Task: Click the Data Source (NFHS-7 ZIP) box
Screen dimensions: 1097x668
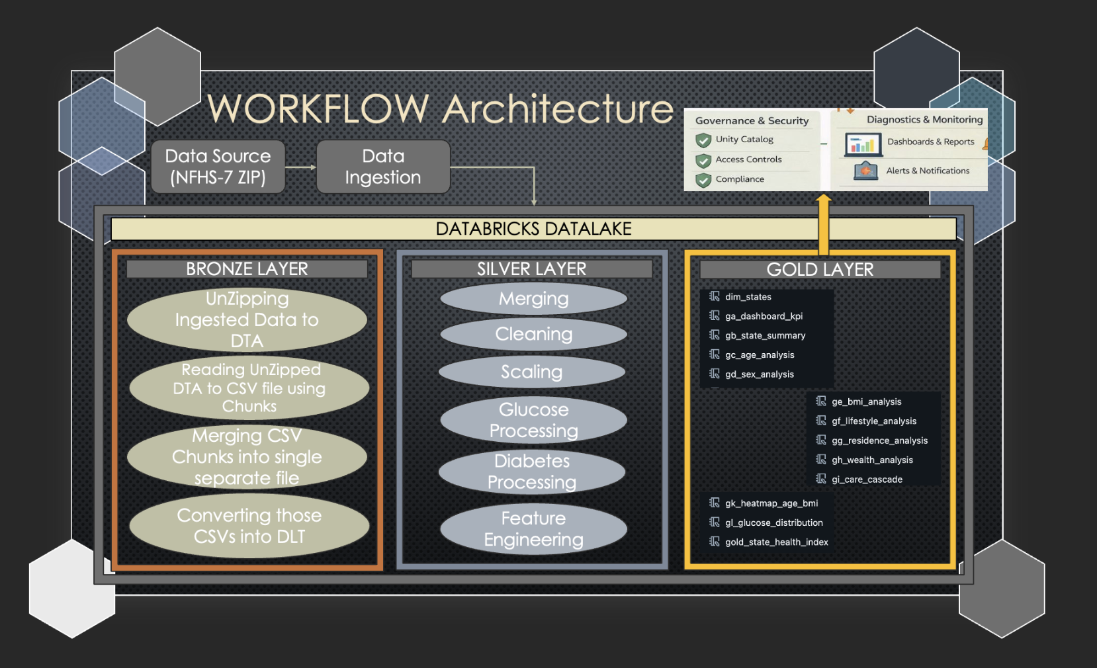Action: [x=218, y=167]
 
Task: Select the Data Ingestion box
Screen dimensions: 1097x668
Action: [x=383, y=167]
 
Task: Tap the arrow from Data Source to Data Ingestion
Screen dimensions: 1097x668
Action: [x=300, y=167]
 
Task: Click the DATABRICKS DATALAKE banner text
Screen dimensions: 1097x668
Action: [x=533, y=229]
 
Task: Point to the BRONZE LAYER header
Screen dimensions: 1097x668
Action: [x=247, y=269]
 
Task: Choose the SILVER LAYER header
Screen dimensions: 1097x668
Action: [x=531, y=269]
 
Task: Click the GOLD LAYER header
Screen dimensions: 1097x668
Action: [x=820, y=270]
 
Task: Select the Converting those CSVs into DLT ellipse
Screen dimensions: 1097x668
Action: [x=249, y=526]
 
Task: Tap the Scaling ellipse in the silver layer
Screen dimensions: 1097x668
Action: [x=532, y=372]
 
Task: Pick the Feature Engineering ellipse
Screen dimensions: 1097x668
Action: [x=533, y=529]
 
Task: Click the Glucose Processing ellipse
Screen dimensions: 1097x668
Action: [x=533, y=420]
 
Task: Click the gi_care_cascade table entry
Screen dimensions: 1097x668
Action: [x=859, y=479]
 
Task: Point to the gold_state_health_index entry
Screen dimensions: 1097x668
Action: [x=768, y=542]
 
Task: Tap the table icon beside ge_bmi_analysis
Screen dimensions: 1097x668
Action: [x=821, y=401]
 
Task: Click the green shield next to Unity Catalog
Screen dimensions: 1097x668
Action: [x=703, y=140]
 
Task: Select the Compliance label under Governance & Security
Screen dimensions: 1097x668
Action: [x=740, y=179]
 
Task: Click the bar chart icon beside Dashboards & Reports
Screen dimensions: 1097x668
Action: [x=863, y=144]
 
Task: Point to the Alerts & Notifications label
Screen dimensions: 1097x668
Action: [x=928, y=171]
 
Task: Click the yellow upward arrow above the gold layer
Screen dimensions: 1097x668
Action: [x=824, y=225]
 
